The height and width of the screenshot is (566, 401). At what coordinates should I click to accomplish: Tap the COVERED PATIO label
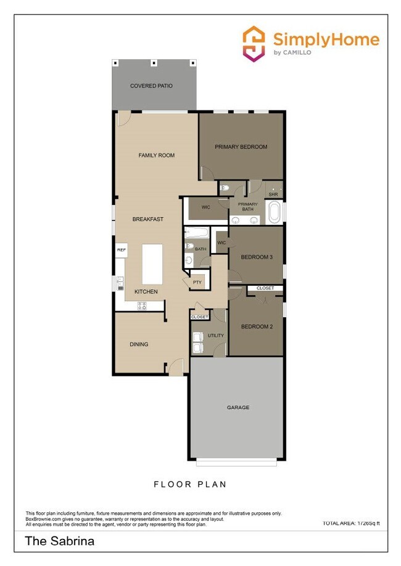tap(151, 86)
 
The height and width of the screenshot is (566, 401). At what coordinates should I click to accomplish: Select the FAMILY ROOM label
tap(156, 155)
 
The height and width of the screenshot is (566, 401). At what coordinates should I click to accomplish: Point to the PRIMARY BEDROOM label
tap(241, 147)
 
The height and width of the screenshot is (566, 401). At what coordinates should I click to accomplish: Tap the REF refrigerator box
tap(122, 249)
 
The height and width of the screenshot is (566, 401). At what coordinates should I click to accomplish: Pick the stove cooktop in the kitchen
tap(142, 305)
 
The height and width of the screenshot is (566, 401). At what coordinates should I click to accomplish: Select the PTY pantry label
tap(197, 283)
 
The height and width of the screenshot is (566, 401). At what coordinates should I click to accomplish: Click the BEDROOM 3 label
tap(256, 257)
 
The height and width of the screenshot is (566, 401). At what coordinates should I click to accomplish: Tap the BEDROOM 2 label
tap(256, 326)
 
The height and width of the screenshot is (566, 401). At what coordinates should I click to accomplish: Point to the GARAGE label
tap(238, 407)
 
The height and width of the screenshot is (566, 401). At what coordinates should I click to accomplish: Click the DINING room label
tap(139, 344)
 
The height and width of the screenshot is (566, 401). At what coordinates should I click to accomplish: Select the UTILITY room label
tap(216, 336)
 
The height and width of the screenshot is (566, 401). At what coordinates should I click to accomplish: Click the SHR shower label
tap(273, 195)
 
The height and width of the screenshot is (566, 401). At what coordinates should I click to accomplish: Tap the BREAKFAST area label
tap(148, 219)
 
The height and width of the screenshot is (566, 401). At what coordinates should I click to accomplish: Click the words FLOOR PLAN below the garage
tap(190, 484)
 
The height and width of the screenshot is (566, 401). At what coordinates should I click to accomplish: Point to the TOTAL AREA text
tap(351, 524)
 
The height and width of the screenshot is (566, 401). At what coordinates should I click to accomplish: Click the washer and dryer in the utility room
tap(197, 342)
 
